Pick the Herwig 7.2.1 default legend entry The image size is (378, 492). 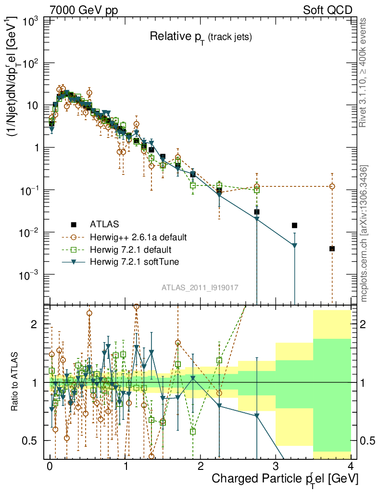coord(130,250)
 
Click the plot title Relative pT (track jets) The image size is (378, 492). coord(201,37)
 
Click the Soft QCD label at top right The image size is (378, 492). coord(328,10)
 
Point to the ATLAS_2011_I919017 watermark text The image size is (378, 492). coord(200,287)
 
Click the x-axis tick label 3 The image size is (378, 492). coord(276,466)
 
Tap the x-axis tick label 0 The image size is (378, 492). coord(50,466)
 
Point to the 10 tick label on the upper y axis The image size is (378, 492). coord(33,105)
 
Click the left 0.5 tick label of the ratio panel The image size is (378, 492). coord(31,441)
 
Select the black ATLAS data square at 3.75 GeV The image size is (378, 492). coord(332,248)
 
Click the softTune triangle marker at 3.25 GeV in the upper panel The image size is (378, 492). coord(294,246)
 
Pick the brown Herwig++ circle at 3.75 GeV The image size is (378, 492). coord(332,186)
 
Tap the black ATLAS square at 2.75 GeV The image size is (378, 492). coord(257,212)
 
